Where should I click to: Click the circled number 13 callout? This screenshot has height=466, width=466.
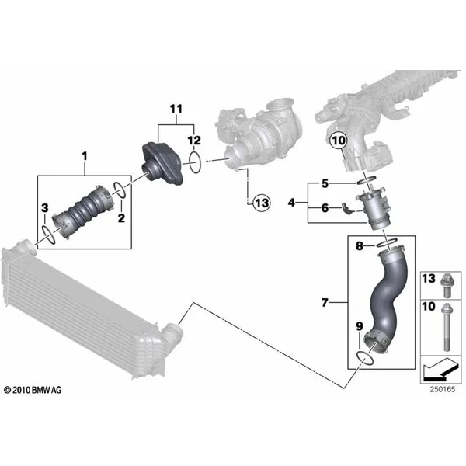(x=262, y=203)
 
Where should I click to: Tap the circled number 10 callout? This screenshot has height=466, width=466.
(x=339, y=140)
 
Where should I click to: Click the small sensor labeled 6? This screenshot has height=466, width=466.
(x=347, y=207)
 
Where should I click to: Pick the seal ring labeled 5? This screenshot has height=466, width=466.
(x=366, y=180)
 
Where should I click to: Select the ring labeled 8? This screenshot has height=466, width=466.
(x=387, y=242)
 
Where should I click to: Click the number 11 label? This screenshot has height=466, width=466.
(x=176, y=109)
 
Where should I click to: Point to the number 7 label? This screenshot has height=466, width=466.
(x=325, y=303)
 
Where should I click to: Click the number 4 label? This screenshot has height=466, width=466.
(x=291, y=203)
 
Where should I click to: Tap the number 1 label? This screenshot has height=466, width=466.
(x=85, y=156)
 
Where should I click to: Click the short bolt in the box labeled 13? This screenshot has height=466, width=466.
(x=446, y=286)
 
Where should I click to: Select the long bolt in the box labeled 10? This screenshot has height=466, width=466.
(x=447, y=327)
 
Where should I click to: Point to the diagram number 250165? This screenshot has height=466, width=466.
(x=442, y=389)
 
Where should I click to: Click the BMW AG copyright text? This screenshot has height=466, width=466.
(x=33, y=390)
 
